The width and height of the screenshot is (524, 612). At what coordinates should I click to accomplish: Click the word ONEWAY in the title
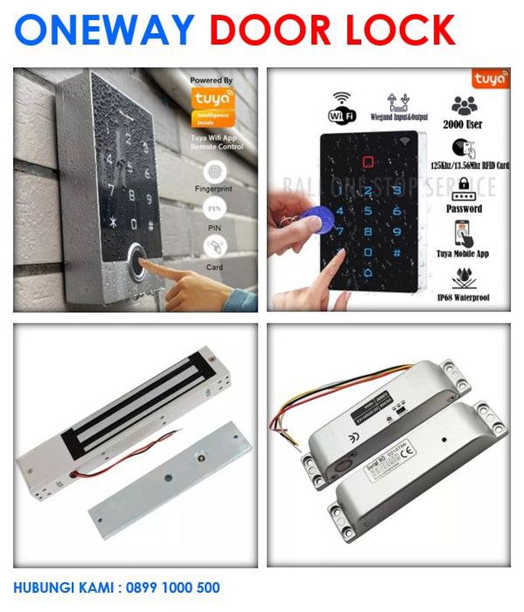click(x=104, y=30)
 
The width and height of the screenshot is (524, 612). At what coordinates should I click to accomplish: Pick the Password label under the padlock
click(x=464, y=208)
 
